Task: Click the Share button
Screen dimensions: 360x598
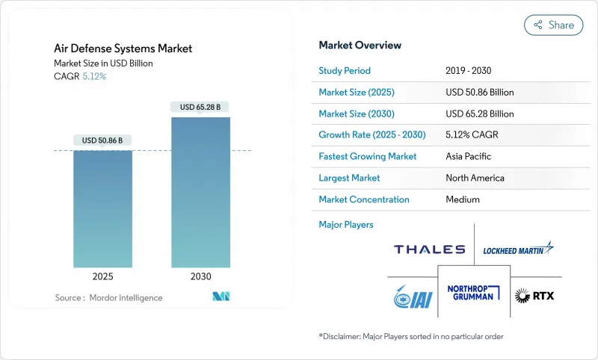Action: [x=553, y=25]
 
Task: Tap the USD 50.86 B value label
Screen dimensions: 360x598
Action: [x=102, y=140]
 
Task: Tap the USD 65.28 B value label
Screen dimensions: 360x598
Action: [x=200, y=107]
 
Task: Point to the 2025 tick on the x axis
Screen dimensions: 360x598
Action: [x=102, y=276]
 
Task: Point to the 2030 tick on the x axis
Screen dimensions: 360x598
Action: [x=200, y=276]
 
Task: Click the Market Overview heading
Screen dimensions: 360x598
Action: [x=360, y=45]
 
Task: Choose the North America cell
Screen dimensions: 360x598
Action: [x=475, y=178]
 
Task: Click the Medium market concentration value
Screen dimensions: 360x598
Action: [x=463, y=199]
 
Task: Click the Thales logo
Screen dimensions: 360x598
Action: [x=429, y=249]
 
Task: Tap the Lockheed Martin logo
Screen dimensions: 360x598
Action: [x=517, y=249]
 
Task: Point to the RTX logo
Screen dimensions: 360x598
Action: [x=534, y=296]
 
